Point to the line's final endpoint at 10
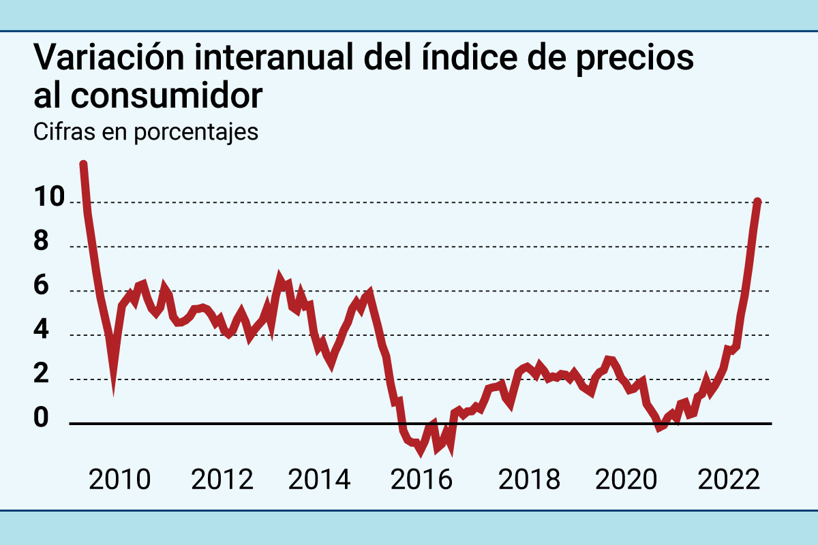pos(757,202)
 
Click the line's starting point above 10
pos(83,164)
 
